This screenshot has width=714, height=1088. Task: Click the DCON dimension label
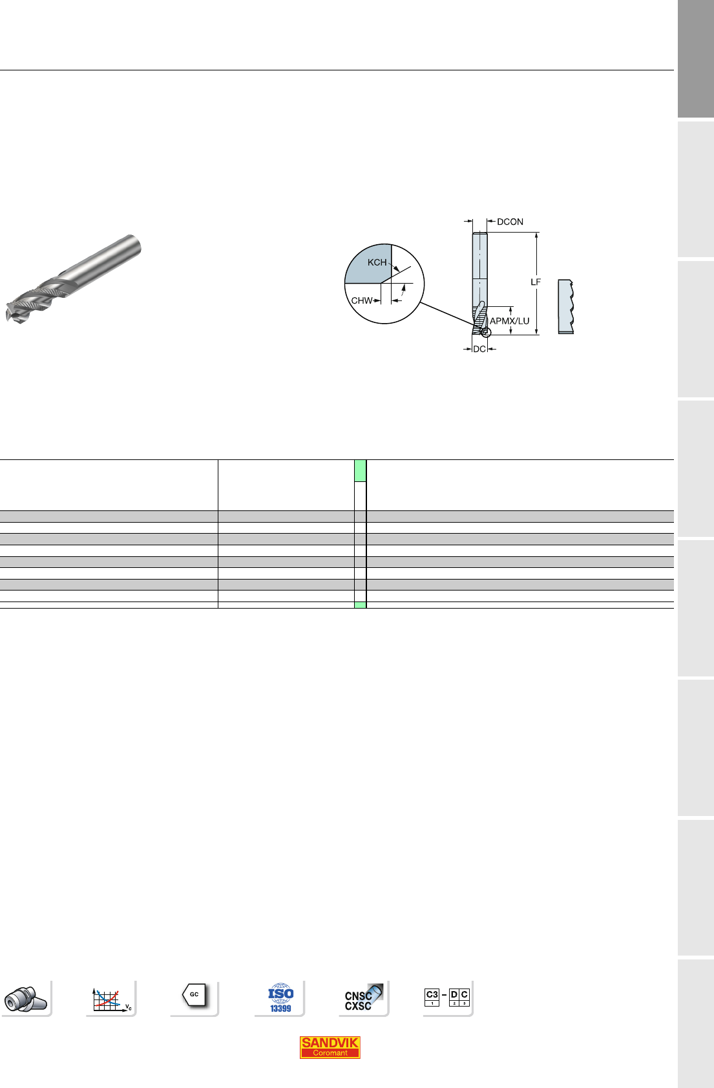coord(510,222)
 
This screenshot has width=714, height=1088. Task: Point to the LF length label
coord(536,282)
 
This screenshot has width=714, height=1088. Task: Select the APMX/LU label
coord(510,321)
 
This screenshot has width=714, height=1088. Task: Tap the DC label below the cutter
coord(479,350)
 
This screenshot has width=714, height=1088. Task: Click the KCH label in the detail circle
coord(377,262)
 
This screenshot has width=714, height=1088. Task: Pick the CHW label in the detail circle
coord(362,300)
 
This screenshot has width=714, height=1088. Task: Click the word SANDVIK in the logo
coord(330,1042)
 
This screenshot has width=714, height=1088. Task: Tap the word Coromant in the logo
coord(330,1053)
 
